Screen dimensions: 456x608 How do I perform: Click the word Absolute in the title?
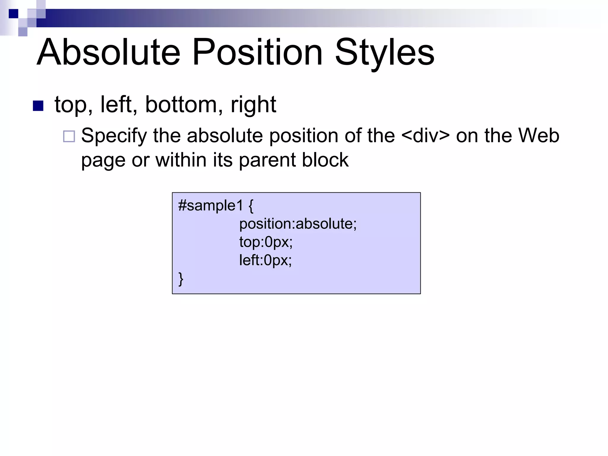coord(108,52)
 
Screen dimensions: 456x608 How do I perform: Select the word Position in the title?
coord(257,52)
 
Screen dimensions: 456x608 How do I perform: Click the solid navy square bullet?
coord(38,106)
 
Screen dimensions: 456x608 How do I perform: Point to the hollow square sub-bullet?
coord(69,137)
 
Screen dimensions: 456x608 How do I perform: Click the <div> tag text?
coord(425,135)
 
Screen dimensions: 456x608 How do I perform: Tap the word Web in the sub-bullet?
coord(539,135)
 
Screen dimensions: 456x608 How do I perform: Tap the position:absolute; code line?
coord(298,224)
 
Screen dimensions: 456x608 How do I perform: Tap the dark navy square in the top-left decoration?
coord(14,14)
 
